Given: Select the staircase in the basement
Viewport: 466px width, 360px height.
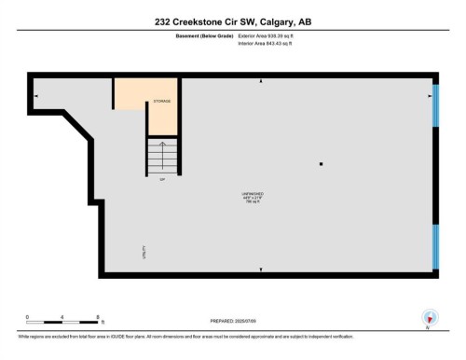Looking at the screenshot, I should pos(162,154).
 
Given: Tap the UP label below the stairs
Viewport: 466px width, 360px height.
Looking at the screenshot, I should pos(162,179).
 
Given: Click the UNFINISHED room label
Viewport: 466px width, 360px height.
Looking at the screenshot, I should pos(253,194).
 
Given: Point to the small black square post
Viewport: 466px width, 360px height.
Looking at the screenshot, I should pos(322,165).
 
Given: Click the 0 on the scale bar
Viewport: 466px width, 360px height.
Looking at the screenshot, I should pos(28,317).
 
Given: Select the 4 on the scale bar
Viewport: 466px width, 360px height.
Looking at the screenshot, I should pos(62,317).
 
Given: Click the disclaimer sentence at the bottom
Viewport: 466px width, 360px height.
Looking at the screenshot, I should pos(186,337).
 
